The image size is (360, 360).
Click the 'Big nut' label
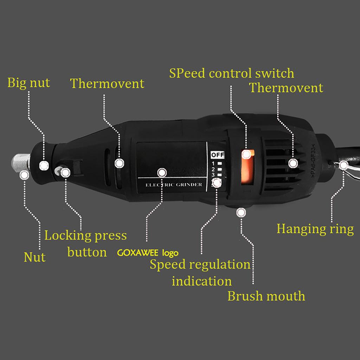(29, 83)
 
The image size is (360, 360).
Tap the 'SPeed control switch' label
(231, 73)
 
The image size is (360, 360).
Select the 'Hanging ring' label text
(315, 229)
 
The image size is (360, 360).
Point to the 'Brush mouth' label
(266, 296)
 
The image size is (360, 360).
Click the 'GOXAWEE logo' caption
(148, 253)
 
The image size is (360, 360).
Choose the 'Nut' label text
(34, 257)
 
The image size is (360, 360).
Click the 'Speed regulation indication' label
(200, 273)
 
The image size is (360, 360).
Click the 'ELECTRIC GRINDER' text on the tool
(174, 185)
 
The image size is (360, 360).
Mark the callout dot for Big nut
(44, 165)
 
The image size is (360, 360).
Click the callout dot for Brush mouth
(241, 212)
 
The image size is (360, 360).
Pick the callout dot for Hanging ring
(343, 165)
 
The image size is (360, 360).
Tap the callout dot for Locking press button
(65, 172)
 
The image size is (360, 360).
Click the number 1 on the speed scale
(213, 163)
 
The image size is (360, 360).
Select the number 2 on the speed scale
(213, 169)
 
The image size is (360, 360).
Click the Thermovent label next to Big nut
(107, 84)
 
